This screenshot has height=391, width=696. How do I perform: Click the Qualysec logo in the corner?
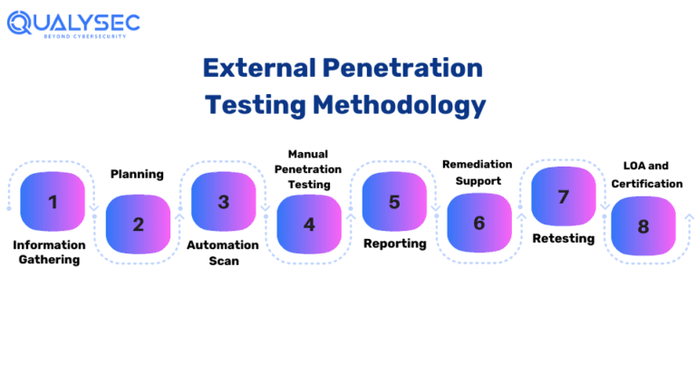click(x=72, y=22)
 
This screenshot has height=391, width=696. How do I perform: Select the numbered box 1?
click(x=53, y=203)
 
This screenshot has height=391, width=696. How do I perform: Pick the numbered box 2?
click(x=138, y=224)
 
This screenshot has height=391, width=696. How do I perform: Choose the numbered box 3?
click(x=223, y=203)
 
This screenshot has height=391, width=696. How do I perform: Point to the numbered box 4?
click(x=309, y=224)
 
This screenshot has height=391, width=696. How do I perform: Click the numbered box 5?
click(x=394, y=203)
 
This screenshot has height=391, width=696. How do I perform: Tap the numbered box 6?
click(x=479, y=223)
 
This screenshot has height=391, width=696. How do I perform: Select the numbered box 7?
click(x=563, y=196)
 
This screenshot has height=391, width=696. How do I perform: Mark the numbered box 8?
click(x=643, y=226)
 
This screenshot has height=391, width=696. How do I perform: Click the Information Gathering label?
click(x=49, y=253)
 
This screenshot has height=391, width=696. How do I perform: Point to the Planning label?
click(x=137, y=174)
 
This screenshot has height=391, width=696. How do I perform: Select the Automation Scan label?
click(x=222, y=253)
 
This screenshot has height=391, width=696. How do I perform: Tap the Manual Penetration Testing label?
click(x=309, y=169)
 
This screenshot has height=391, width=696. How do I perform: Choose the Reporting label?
click(x=394, y=244)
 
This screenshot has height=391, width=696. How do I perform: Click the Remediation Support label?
click(x=478, y=172)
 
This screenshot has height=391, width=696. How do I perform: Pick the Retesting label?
click(x=563, y=239)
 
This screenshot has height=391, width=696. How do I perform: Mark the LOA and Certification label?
click(x=646, y=175)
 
